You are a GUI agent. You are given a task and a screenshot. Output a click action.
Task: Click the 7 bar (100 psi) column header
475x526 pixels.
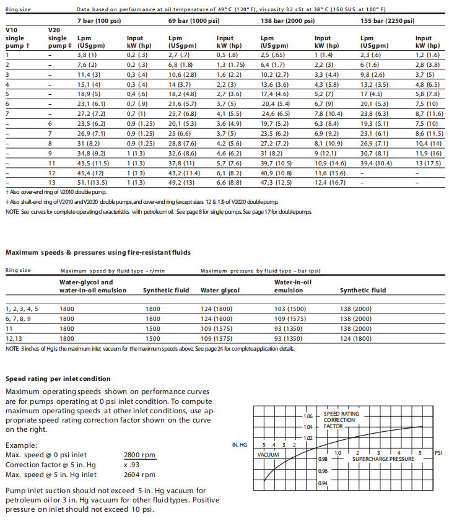coord(100,21)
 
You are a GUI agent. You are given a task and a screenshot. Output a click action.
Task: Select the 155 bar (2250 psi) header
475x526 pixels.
coord(387,21)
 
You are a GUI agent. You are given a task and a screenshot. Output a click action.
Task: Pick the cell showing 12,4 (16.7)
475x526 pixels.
coord(329,182)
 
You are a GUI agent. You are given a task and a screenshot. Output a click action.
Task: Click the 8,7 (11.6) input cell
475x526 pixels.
coord(429,114)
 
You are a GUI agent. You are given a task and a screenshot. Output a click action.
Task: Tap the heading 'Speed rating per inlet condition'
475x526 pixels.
coord(58,379)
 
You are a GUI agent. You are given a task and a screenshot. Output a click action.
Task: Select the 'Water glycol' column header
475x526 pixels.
coord(220,290)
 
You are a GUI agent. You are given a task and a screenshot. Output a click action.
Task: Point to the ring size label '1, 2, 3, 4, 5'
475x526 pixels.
coord(22,308)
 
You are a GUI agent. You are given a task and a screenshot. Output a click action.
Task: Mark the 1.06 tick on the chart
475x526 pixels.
coord(308,416)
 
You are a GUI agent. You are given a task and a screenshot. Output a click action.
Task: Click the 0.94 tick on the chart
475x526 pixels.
coord(323,483)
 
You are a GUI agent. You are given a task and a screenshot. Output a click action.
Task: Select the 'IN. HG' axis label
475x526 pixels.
coord(240,445)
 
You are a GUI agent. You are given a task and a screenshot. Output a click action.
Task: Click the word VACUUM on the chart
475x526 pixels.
coord(268,455)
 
